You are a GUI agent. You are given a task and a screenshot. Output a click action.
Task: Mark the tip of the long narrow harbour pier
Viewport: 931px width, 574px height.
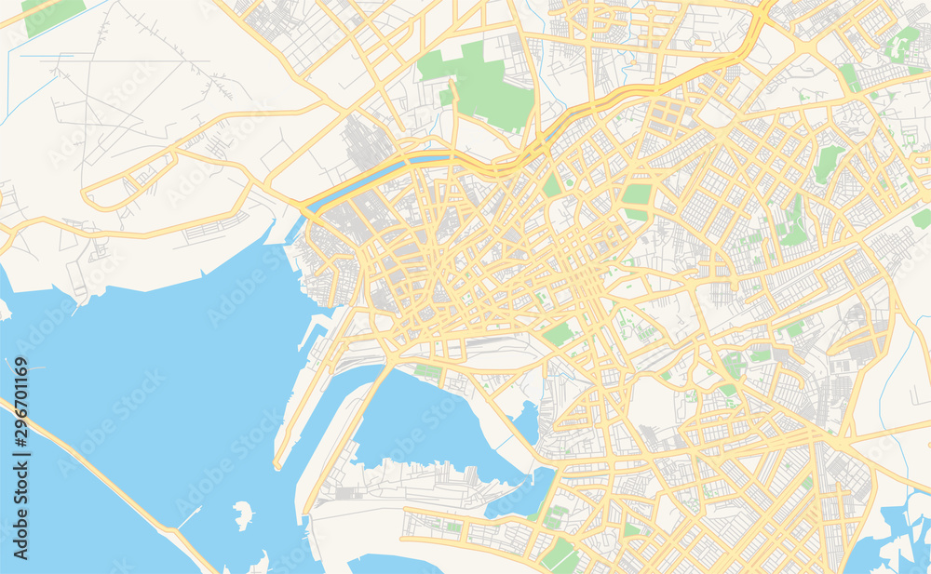point(277,463)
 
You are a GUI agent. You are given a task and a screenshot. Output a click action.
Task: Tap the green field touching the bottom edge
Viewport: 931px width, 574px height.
point(559,556)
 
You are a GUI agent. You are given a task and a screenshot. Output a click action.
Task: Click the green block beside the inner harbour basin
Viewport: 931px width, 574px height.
point(427,372)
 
